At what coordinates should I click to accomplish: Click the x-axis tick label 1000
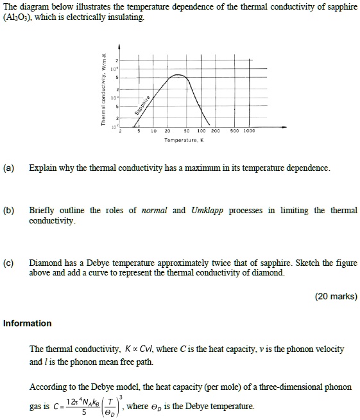point(249,130)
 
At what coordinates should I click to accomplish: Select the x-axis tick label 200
point(216,130)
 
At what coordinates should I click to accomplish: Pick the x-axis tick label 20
point(167,130)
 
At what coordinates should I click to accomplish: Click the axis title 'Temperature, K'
point(183,140)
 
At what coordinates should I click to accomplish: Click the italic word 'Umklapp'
point(207,211)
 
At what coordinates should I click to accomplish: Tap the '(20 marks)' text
point(336,297)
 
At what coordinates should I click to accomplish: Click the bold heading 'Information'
point(27,323)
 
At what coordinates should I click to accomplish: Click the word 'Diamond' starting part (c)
point(46,263)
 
